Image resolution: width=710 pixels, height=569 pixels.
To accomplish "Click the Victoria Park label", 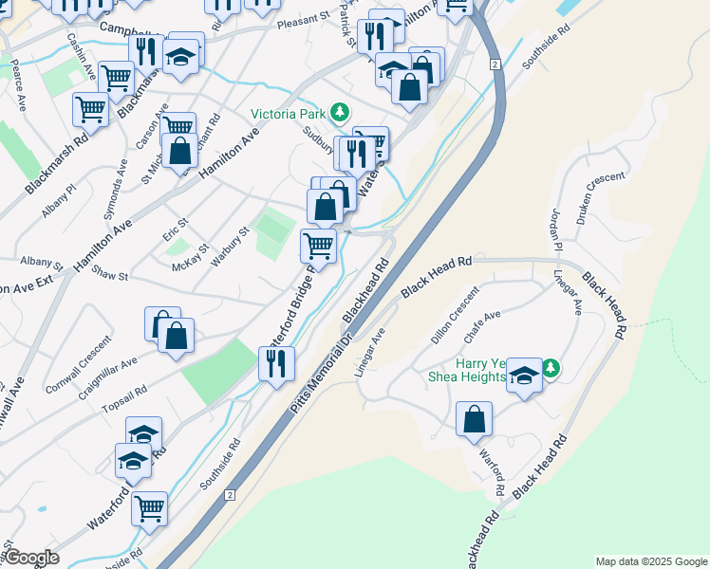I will [287, 114].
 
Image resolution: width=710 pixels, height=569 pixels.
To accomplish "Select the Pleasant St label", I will [302, 18].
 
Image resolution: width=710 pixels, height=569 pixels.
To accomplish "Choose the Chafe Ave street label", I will [481, 327].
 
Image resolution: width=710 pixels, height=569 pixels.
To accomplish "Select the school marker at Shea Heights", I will [524, 376].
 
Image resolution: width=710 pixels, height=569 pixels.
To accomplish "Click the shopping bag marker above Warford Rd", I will [474, 419].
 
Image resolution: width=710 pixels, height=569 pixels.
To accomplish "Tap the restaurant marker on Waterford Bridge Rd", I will [276, 363].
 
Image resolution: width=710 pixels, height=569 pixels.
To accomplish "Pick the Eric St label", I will [177, 228].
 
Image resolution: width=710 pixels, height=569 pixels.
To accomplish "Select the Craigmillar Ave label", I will [107, 374].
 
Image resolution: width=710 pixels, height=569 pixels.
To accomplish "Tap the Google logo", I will [30, 558].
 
